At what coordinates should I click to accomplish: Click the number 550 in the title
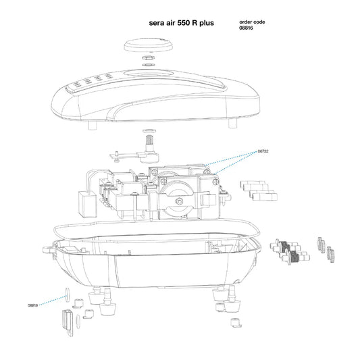(x=183, y=23)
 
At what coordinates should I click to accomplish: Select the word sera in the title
(x=156, y=23)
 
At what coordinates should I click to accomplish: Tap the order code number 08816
(x=246, y=28)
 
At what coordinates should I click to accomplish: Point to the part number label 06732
(x=263, y=151)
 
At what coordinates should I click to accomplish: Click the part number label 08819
(x=32, y=305)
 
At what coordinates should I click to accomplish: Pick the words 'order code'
(x=252, y=22)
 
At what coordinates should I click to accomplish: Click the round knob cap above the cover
(x=149, y=45)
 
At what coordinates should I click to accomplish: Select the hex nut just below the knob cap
(x=149, y=57)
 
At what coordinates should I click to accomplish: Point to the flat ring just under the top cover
(x=150, y=131)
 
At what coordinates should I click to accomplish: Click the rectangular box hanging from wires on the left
(x=88, y=205)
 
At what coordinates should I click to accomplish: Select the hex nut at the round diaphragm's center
(x=179, y=201)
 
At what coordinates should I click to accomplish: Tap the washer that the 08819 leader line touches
(x=68, y=294)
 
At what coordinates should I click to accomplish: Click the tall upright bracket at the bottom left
(x=68, y=323)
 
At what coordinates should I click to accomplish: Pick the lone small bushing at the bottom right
(x=236, y=323)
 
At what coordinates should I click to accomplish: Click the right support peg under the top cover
(x=232, y=124)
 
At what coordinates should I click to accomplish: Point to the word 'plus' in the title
(x=207, y=23)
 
